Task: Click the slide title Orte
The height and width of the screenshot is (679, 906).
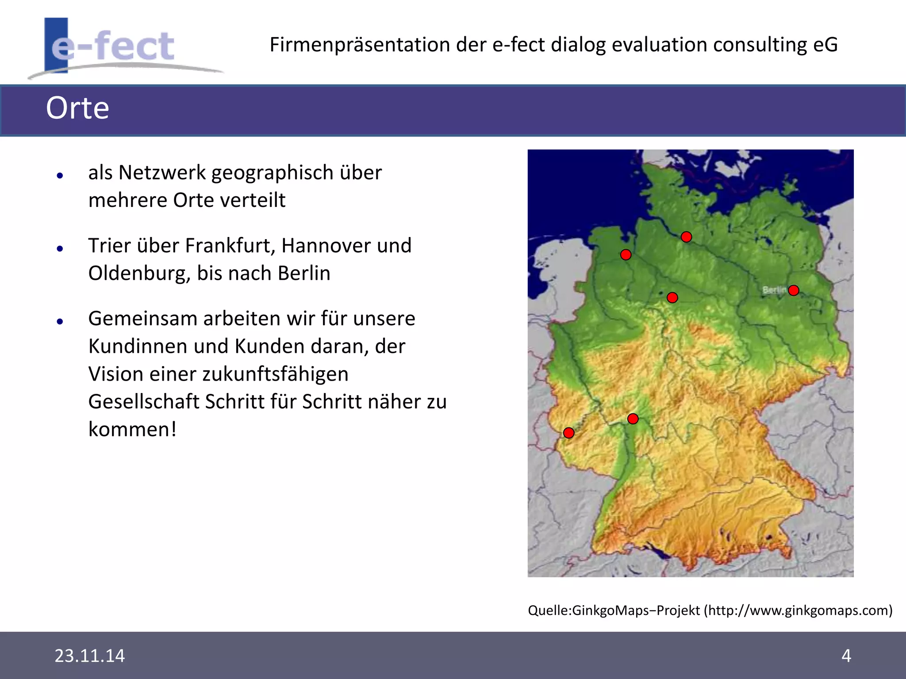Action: [77, 108]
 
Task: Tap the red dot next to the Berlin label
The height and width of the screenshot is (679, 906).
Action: [794, 290]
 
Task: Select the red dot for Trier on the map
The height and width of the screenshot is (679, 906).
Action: [569, 433]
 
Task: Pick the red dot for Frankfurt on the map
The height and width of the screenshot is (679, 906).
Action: [633, 419]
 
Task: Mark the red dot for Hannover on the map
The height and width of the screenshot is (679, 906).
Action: [672, 298]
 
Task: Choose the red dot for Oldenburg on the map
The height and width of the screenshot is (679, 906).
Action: [626, 255]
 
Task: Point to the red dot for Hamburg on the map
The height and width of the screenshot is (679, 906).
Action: [687, 237]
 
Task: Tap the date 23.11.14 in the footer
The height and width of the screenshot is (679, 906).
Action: [90, 656]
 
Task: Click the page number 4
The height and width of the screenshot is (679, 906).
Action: [846, 656]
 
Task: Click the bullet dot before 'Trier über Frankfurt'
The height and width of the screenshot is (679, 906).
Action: [60, 249]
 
